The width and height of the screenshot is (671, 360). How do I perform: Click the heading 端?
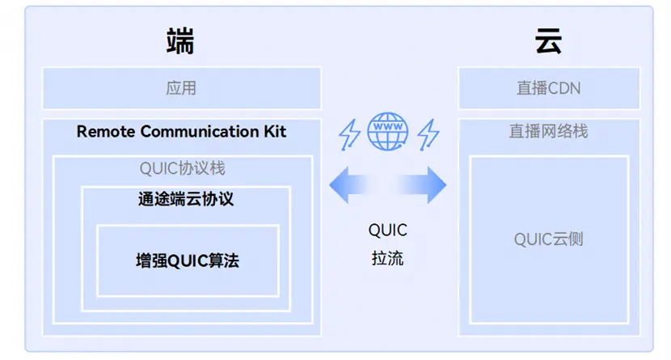(x=180, y=41)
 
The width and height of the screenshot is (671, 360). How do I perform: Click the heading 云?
(x=548, y=41)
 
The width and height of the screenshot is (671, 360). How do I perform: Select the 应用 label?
(x=181, y=88)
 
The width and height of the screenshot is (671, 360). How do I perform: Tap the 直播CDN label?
(x=549, y=88)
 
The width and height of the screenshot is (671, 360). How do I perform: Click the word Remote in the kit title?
(x=106, y=131)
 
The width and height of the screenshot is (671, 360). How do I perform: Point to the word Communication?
(x=200, y=131)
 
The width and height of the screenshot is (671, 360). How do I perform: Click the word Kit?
(x=275, y=131)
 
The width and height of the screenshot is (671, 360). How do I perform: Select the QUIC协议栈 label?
(x=182, y=168)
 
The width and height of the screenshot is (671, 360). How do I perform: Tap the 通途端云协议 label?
(x=186, y=199)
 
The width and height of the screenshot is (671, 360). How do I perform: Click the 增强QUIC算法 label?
(x=188, y=260)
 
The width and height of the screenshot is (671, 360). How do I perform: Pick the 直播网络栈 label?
(x=549, y=131)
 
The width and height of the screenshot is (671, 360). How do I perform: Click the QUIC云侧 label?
(x=549, y=239)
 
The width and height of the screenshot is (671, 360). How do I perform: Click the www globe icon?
(x=388, y=131)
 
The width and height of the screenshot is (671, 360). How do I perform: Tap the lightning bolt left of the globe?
(x=349, y=134)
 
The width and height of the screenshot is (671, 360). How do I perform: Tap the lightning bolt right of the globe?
(x=428, y=134)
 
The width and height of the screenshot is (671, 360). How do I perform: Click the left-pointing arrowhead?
(x=340, y=185)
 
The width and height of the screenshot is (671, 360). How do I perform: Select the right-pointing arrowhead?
(x=437, y=185)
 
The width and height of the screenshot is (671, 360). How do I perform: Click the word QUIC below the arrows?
(x=388, y=231)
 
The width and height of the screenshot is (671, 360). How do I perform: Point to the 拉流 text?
(x=388, y=259)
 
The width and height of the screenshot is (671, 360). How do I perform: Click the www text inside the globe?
(x=388, y=127)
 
